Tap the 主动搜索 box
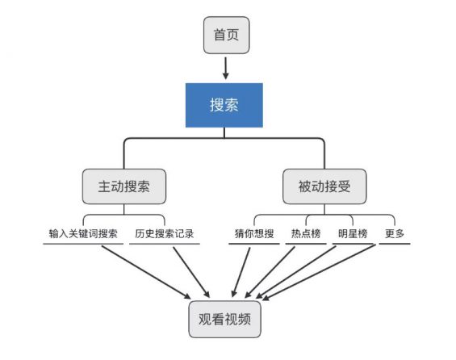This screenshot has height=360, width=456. coord(124,186)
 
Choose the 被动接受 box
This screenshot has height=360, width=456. coord(324,186)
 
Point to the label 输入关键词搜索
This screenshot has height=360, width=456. coord(83,234)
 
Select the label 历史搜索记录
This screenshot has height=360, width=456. coord(164,234)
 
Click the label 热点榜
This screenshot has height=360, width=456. coord(307,234)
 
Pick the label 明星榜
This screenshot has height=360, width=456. coord(353,234)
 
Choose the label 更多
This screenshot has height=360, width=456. coord(395,234)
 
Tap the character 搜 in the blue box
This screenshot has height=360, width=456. coord(218,106)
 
